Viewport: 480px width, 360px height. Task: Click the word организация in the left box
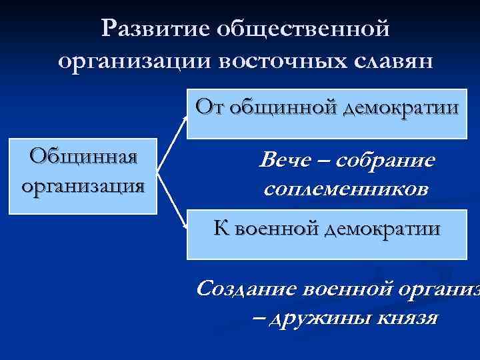click(83, 184)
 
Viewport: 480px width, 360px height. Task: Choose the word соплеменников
click(346, 189)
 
